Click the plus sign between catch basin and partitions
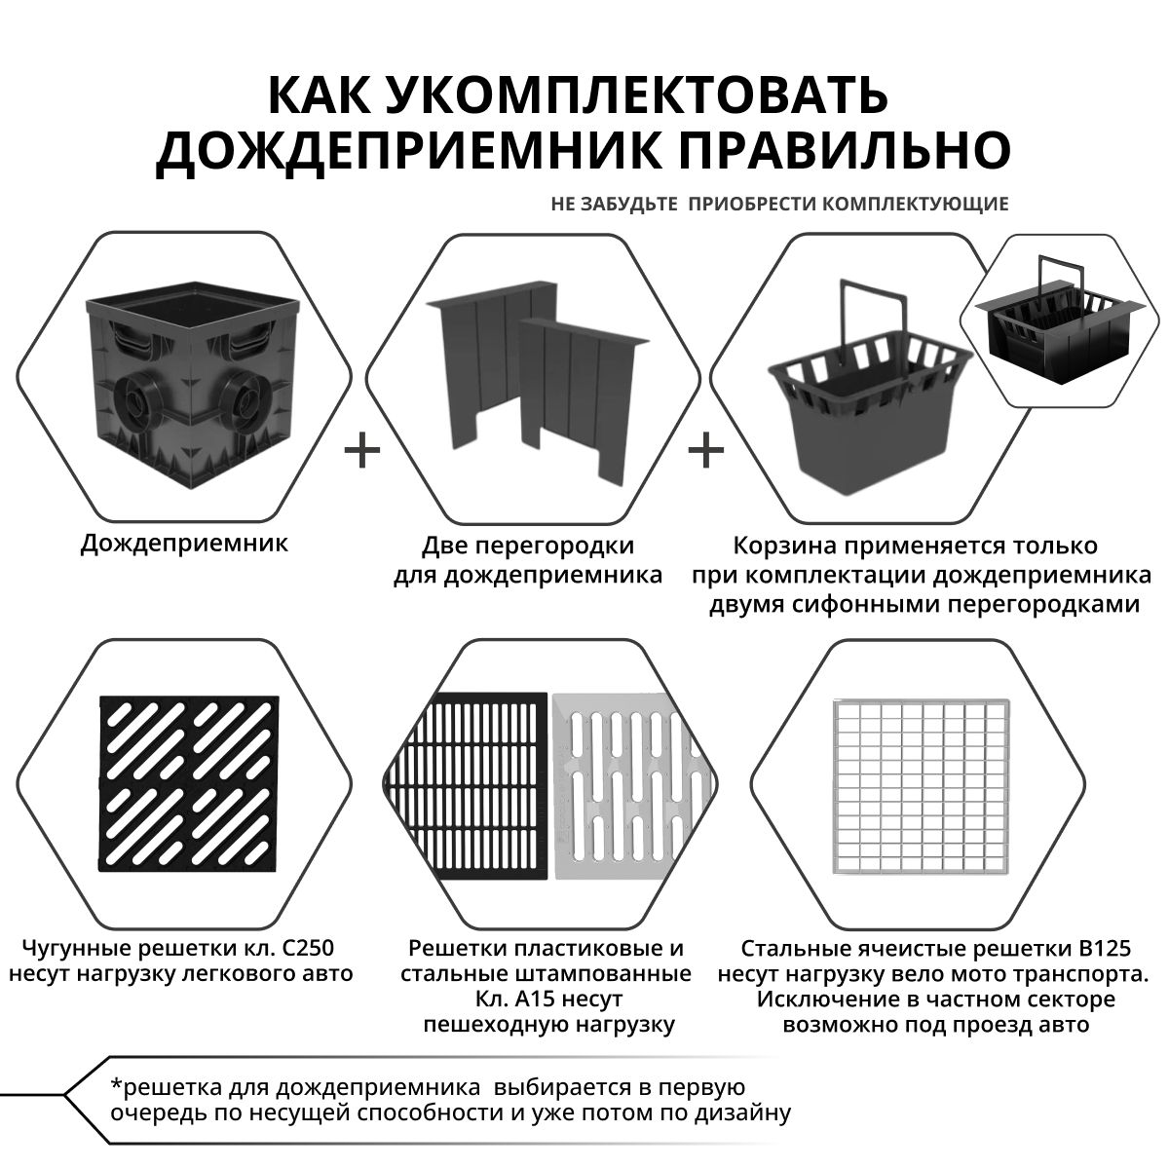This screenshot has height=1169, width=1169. [x=362, y=451]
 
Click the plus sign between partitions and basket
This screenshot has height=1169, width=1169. [x=706, y=451]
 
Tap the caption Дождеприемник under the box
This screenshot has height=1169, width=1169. [x=184, y=543]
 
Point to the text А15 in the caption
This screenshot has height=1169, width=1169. [x=534, y=999]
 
